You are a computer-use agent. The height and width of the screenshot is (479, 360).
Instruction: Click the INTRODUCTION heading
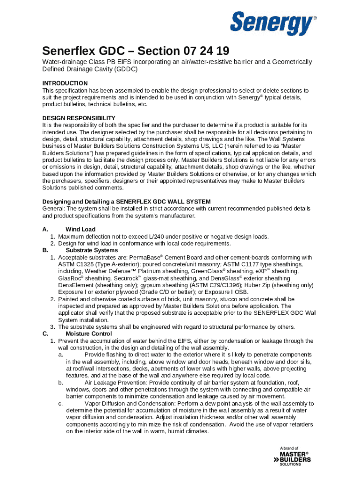pos(65,83)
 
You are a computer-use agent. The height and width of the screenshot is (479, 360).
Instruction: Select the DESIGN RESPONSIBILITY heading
pos(79,118)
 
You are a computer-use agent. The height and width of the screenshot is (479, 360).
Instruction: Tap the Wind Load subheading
pos(80,229)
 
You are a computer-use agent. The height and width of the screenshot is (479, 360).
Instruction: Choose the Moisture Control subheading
pos(88,334)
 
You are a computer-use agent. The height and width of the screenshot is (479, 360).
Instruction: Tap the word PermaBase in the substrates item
pos(145,257)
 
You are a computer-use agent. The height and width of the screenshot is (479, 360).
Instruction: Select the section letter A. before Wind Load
pos(45,229)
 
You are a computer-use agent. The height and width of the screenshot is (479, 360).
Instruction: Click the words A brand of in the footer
pos(289,448)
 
